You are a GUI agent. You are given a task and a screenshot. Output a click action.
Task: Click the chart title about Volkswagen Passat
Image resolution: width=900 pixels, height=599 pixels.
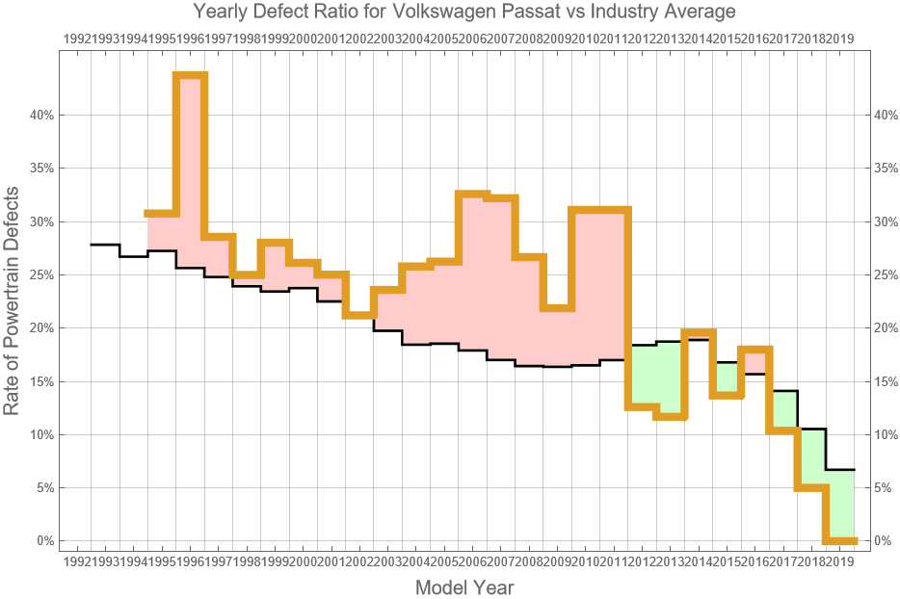pos(450,13)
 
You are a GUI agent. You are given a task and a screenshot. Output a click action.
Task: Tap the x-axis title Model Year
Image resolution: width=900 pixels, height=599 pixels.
pos(463,586)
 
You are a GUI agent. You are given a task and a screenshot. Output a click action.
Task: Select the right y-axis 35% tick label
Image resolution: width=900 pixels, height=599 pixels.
pos(884,169)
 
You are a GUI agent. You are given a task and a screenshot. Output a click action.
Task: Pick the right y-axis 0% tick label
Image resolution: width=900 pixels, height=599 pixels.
pos(880,541)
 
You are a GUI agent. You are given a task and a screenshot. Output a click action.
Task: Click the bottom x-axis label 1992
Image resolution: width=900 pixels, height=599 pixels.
pos(77,560)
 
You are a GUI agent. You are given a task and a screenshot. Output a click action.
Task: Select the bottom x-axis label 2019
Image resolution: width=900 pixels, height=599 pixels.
pos(840,560)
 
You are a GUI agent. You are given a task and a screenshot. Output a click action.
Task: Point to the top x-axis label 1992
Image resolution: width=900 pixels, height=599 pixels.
pos(77,39)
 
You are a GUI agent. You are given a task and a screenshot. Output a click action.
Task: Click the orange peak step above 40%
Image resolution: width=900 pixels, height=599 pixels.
pos(191,75)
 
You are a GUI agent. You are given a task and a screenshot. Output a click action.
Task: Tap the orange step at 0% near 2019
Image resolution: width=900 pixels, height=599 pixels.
pos(840,540)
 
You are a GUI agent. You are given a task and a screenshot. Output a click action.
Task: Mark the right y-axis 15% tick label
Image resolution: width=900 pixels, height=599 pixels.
pos(884,381)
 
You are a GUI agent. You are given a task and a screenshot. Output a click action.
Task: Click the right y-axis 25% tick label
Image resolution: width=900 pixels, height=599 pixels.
pos(884,274)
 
